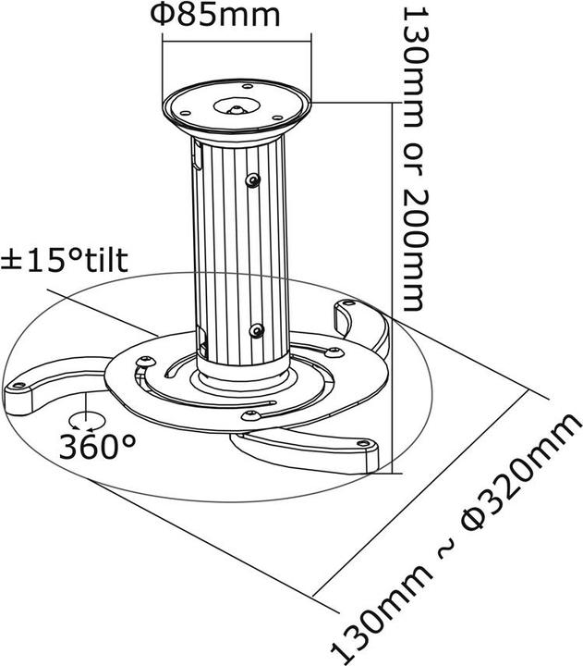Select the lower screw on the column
(258, 329)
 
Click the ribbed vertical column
(236, 250)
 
